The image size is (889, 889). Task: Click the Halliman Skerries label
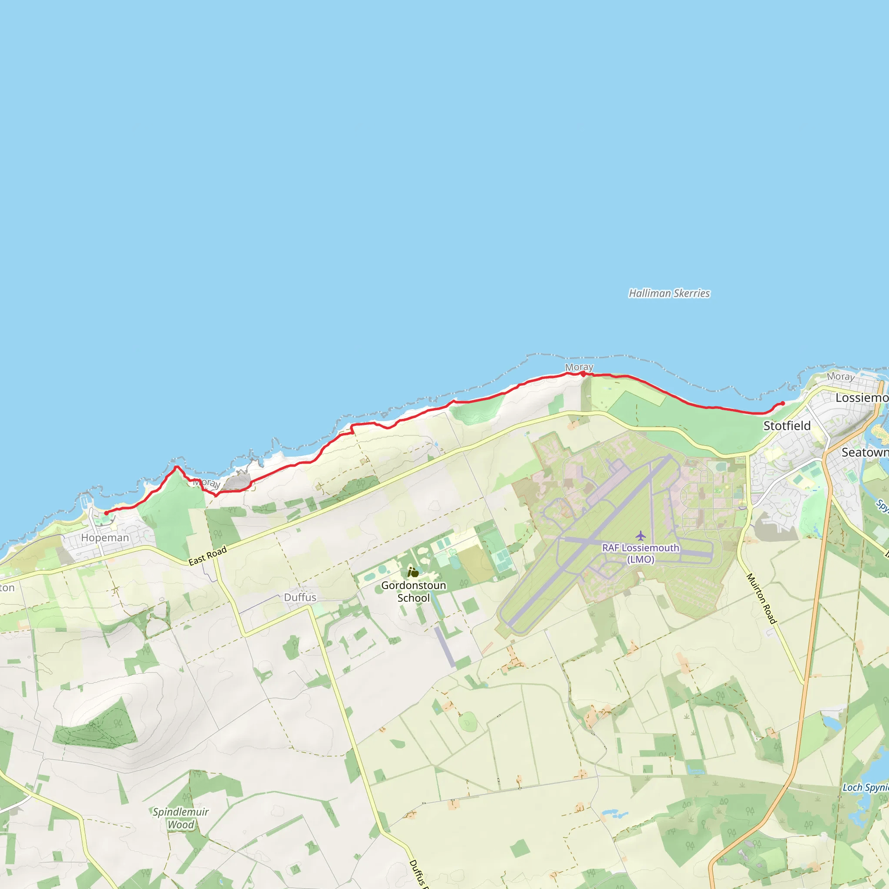(x=669, y=293)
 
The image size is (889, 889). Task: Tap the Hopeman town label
(x=105, y=537)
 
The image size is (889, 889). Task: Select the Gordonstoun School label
(x=413, y=591)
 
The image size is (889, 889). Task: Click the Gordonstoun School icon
(x=413, y=572)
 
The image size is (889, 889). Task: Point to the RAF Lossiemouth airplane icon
(x=641, y=536)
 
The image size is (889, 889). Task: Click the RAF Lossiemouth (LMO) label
(x=641, y=553)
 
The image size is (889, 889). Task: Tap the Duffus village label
(x=300, y=597)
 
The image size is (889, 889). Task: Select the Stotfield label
(x=787, y=426)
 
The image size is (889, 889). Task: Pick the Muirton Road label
(x=761, y=598)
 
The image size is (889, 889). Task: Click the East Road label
(x=207, y=555)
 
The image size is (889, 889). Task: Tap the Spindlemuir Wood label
(x=181, y=818)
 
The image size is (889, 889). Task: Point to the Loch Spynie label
(x=865, y=787)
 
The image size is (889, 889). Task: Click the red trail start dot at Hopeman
(x=106, y=513)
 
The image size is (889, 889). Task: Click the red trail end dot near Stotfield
(x=783, y=404)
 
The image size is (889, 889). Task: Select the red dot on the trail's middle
(x=583, y=374)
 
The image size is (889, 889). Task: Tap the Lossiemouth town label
(x=861, y=398)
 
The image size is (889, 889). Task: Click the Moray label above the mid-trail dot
(x=579, y=367)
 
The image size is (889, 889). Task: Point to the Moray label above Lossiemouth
(x=841, y=376)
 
